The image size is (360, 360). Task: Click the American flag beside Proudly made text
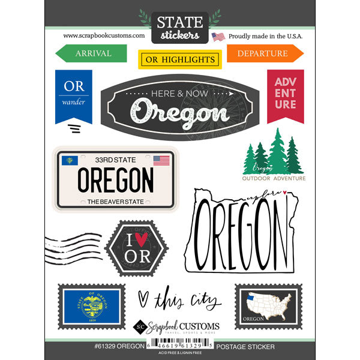tap(218, 37)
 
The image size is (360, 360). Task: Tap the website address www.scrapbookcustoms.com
tap(104, 35)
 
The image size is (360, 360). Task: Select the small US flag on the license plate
tap(161, 160)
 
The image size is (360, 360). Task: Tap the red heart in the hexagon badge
tap(137, 239)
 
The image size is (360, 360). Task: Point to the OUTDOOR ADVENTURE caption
tap(274, 178)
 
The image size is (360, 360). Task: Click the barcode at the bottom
tap(179, 347)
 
